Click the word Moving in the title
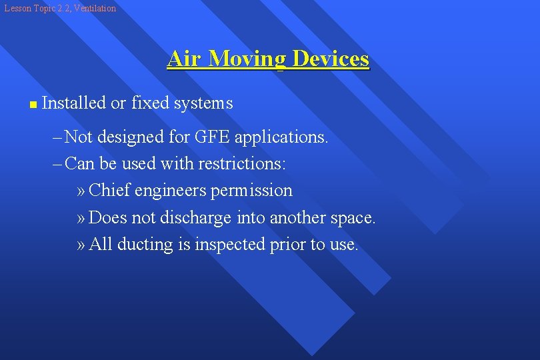[x=247, y=59]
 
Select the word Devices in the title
[x=330, y=59]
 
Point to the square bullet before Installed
[x=33, y=105]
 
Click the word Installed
[x=73, y=103]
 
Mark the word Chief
[x=109, y=191]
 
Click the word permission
[x=251, y=191]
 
